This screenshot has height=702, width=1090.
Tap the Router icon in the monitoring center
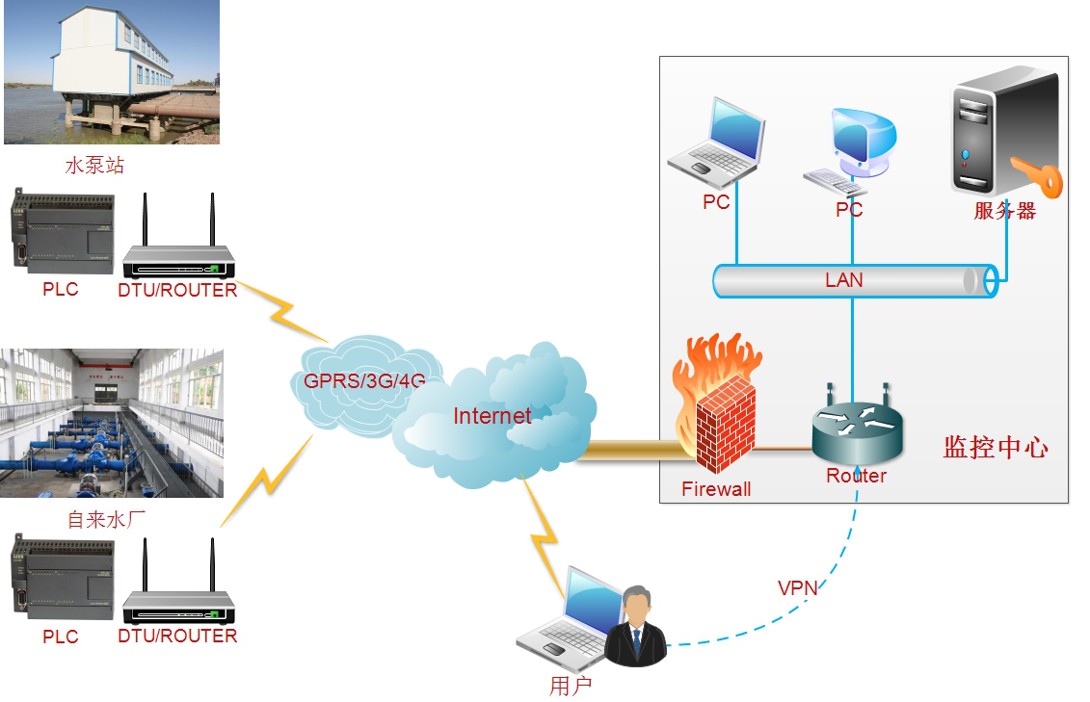point(857,429)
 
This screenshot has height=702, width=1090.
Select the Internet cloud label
point(492,416)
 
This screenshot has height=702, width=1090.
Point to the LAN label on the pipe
point(843,280)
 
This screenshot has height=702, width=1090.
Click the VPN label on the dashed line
point(797,587)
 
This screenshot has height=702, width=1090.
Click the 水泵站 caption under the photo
point(94,166)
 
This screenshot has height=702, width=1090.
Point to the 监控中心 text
point(995,447)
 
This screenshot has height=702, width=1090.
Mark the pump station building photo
point(111,72)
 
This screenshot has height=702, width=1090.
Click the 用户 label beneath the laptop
point(570,686)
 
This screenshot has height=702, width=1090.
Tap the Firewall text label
point(716,488)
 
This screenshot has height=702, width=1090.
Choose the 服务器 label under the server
point(1004,211)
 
